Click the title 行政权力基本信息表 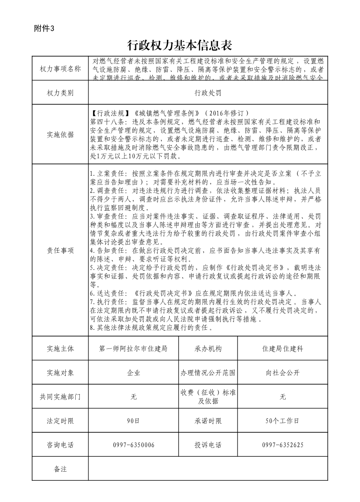(180, 45)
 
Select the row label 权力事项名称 (60, 69)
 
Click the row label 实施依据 (60, 135)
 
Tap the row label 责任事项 (60, 250)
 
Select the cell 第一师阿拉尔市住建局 (133, 349)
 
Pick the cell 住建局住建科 (282, 349)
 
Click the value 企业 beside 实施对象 (133, 373)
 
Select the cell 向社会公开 (282, 373)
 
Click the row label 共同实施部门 (60, 397)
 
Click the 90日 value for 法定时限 (133, 421)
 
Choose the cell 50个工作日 (282, 421)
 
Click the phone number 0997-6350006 (133, 445)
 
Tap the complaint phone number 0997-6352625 (282, 445)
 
